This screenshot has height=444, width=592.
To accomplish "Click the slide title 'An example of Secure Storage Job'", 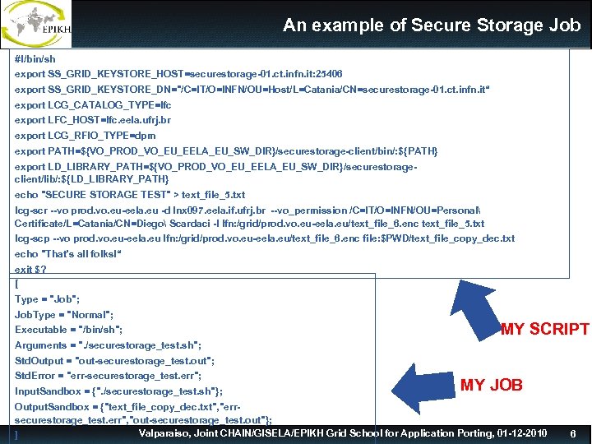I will (x=431, y=25).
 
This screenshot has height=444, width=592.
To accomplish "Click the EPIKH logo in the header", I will (x=37, y=24).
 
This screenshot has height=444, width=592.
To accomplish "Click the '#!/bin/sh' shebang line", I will (x=35, y=59).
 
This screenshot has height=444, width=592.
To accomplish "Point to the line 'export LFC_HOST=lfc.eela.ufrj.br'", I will (x=93, y=120).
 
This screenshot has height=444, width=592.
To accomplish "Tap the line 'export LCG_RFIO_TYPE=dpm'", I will (x=86, y=136).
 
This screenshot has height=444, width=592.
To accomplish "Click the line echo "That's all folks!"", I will (x=68, y=254).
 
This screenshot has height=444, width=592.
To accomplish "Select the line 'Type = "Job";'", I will (x=47, y=299).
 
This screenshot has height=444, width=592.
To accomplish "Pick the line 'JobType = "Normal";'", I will (x=64, y=315).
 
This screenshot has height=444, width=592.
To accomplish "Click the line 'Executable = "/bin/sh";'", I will (x=69, y=330).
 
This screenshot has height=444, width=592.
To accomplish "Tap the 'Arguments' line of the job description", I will (x=108, y=345).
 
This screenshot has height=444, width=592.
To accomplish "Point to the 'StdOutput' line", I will (x=114, y=360).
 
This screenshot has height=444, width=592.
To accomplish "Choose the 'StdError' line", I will (x=108, y=376).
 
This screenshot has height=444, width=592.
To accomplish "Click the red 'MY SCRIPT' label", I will (x=545, y=330).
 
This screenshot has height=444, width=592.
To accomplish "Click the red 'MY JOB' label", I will (x=491, y=385).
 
